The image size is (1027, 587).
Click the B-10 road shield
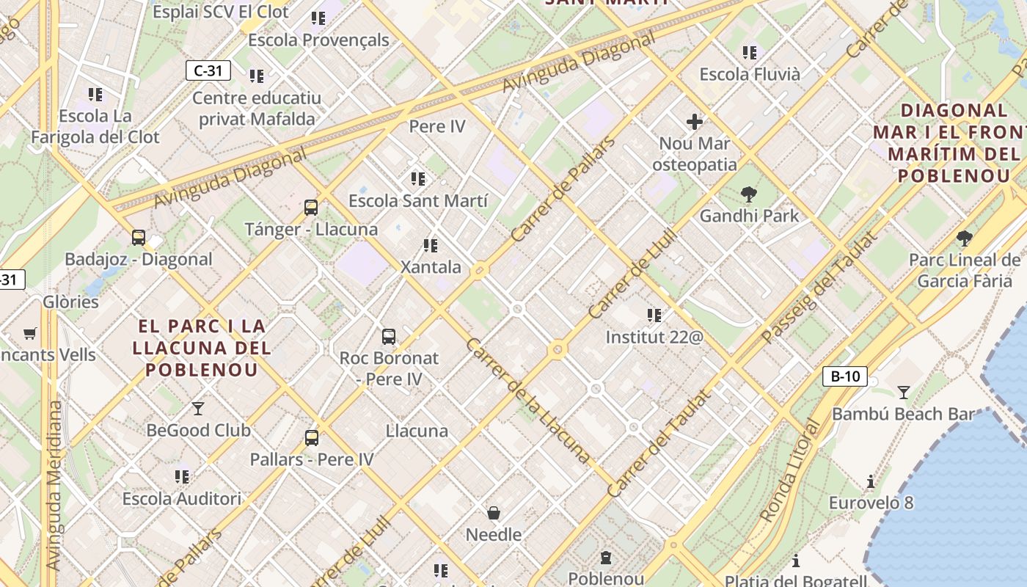[x=844, y=377]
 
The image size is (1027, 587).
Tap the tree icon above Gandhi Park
[x=748, y=194]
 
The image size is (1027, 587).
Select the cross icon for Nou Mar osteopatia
[x=694, y=122]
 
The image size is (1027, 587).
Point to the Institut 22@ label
[x=654, y=337]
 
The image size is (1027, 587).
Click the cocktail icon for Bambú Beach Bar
[x=904, y=393]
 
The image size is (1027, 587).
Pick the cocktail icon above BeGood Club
[x=197, y=409]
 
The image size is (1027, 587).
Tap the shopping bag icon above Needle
[x=494, y=513]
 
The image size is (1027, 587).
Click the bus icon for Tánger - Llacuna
[x=311, y=208]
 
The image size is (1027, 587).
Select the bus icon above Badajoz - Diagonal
[x=138, y=238]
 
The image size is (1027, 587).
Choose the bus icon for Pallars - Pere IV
[x=312, y=438]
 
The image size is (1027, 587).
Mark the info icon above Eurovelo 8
[x=871, y=482]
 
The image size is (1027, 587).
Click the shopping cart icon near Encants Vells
[x=30, y=334]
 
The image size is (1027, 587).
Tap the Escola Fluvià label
[x=749, y=74]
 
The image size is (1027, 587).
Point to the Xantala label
[x=431, y=267]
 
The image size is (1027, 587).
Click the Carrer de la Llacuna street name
[x=527, y=401]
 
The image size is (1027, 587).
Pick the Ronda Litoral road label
[x=789, y=471]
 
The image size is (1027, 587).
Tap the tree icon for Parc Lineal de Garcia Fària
[x=964, y=238]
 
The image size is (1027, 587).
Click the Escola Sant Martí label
[x=417, y=200]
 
